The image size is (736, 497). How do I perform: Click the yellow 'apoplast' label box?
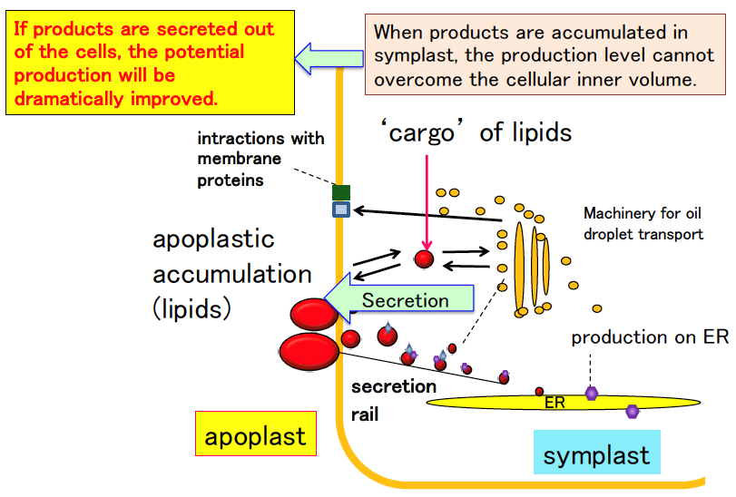256,434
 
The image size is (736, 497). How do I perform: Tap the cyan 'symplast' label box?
596,452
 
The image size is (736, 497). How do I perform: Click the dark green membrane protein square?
341,192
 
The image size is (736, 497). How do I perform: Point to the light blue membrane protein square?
341,210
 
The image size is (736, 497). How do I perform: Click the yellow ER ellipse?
564,403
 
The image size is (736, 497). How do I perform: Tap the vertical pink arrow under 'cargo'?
427,202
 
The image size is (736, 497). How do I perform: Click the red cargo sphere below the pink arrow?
425,258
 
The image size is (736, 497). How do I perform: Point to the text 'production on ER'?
650,337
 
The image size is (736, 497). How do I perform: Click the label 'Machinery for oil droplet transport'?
643,224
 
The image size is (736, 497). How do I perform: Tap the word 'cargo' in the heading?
421,133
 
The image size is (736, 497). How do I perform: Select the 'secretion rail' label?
393,400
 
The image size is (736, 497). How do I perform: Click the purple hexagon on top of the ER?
592,393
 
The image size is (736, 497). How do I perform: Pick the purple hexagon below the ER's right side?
633,412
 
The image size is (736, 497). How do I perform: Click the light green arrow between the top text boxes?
329,59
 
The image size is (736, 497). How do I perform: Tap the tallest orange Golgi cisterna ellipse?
519,268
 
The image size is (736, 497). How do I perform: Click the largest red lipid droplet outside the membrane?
309,352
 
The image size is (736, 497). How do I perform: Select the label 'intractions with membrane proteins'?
260,159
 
